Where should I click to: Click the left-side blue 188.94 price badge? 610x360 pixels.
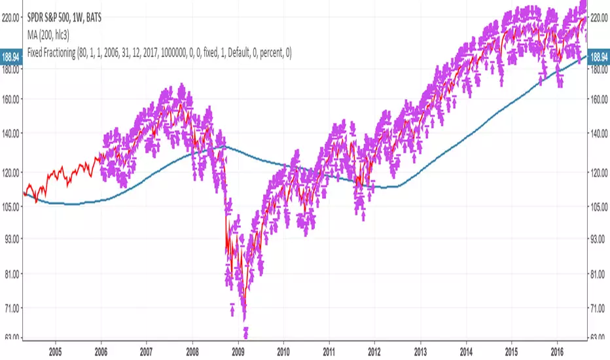point(12,57)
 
